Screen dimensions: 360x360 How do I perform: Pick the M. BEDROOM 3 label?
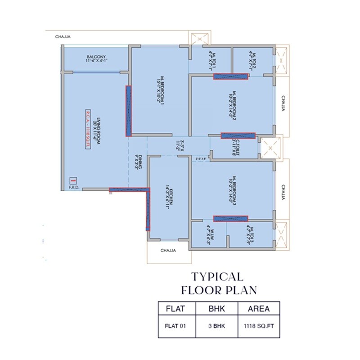click(232, 191)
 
